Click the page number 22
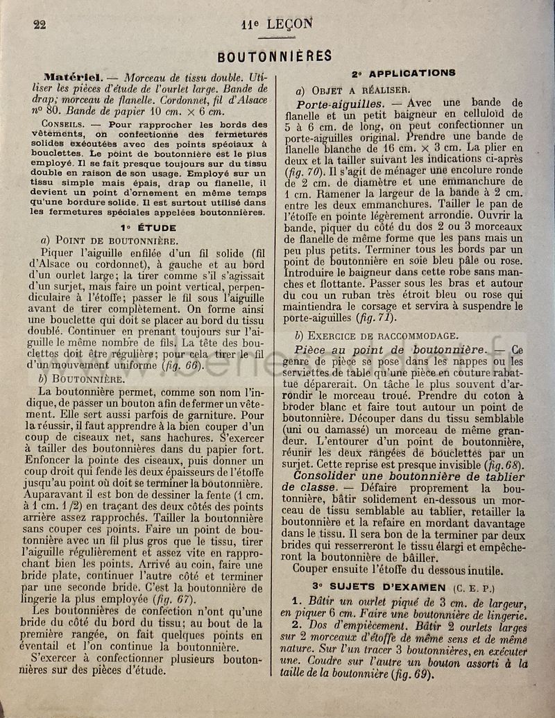39,24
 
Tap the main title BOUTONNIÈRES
275,56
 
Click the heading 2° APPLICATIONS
402,73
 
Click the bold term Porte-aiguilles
340,103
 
